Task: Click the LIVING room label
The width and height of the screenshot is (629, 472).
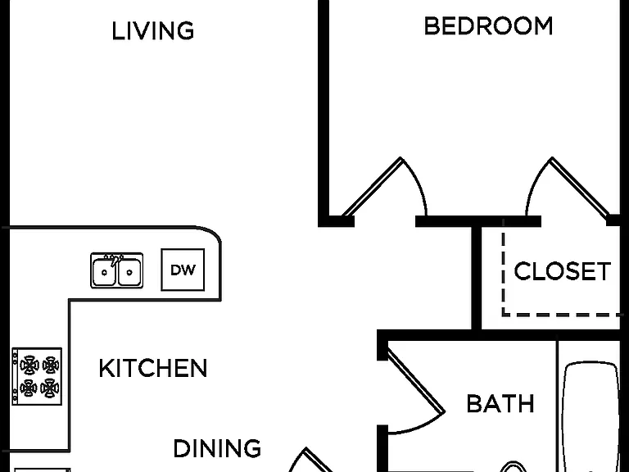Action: [153, 31]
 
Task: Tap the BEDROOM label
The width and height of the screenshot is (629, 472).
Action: [488, 26]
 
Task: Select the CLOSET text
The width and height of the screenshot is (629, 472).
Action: [563, 271]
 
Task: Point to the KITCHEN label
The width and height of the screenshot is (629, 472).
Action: [153, 368]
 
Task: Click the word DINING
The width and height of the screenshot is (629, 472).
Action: [217, 448]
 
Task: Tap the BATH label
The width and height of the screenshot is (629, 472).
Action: [500, 403]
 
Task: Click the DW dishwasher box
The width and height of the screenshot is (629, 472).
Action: [183, 270]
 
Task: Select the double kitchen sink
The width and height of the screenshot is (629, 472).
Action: [117, 270]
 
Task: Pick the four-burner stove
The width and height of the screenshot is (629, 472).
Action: [37, 376]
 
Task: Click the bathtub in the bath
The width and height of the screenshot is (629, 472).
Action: [591, 417]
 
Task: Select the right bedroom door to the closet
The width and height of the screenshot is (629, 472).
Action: [567, 187]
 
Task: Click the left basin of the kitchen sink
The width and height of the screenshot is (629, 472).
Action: [104, 272]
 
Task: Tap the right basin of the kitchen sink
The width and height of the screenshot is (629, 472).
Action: [129, 272]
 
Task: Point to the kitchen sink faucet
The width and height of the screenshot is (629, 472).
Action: [115, 260]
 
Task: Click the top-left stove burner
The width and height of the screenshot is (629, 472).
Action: [29, 365]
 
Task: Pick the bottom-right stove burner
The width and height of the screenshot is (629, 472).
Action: [50, 388]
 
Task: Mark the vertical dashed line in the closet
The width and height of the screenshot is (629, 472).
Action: [503, 267]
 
